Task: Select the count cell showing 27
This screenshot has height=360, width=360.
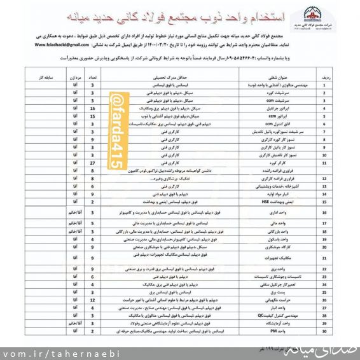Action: tap(93, 162)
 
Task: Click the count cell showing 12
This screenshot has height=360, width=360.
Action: tap(93, 299)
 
